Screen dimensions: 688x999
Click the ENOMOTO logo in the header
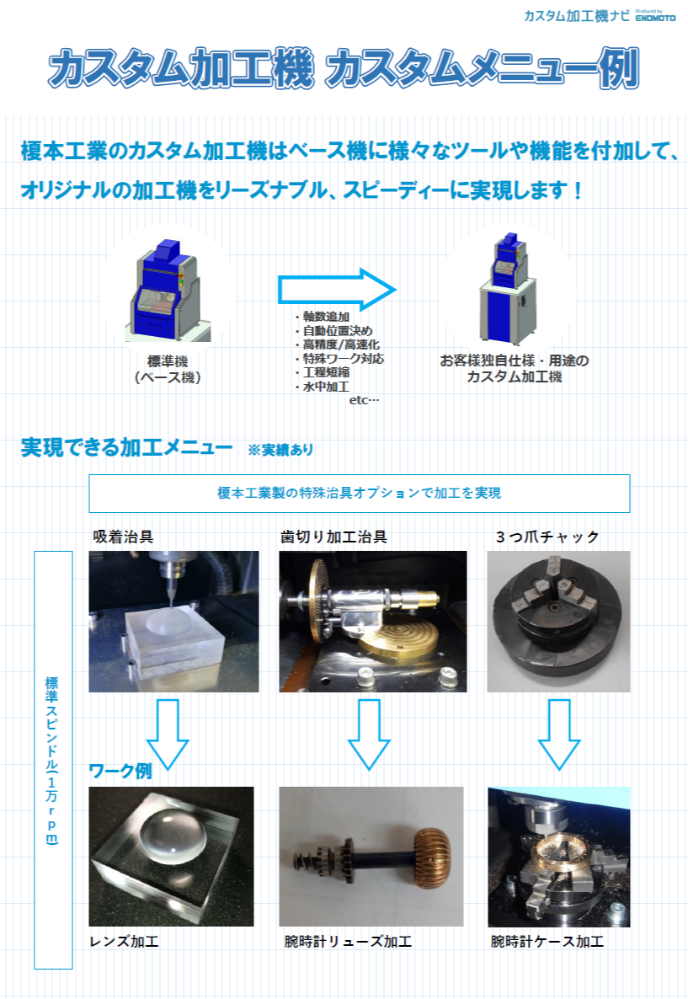(655, 16)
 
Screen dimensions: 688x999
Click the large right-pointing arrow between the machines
(336, 290)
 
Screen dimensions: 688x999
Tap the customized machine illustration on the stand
(508, 289)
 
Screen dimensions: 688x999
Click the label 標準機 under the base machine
(168, 361)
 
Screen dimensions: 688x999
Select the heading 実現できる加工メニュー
(127, 447)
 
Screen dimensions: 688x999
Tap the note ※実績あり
(280, 450)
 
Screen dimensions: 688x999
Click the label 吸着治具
(123, 537)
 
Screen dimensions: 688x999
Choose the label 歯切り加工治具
(333, 537)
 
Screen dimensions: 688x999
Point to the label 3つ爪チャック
(547, 537)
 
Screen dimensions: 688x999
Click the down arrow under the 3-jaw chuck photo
(558, 734)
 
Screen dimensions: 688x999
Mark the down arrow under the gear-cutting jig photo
(369, 734)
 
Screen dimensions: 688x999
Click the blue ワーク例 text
(120, 771)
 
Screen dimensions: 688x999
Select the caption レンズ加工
(124, 941)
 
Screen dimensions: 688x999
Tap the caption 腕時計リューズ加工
(348, 941)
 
